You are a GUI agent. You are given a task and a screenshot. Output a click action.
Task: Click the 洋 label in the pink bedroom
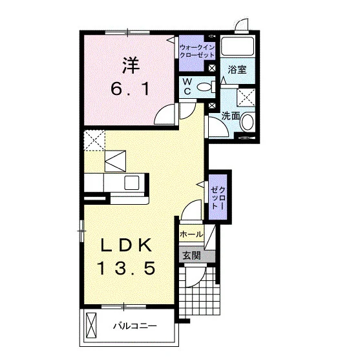click(x=131, y=65)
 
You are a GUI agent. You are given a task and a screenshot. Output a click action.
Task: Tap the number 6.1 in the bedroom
click(x=130, y=89)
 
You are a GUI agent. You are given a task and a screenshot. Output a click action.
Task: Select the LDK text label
click(x=126, y=245)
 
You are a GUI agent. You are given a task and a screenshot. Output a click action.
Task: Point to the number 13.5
click(x=127, y=268)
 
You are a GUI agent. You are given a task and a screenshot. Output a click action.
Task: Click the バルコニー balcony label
click(x=135, y=326)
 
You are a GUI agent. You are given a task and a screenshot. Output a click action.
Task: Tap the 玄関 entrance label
click(x=191, y=256)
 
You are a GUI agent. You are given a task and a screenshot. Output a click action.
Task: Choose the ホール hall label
click(x=191, y=234)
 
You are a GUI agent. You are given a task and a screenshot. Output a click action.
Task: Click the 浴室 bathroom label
click(x=237, y=70)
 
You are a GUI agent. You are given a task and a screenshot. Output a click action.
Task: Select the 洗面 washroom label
click(x=231, y=116)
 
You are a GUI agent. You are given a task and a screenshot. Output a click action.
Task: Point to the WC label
click(x=187, y=87)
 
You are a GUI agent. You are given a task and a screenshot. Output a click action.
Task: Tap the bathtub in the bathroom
click(x=237, y=46)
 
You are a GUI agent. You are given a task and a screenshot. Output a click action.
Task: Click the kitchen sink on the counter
click(x=132, y=183)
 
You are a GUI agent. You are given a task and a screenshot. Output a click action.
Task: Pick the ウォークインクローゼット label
click(x=197, y=51)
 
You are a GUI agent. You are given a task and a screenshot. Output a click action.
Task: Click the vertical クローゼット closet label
click(x=218, y=198)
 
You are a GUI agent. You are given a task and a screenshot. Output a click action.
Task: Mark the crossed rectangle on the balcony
click(x=91, y=326)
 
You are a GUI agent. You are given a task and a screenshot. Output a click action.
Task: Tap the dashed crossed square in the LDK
click(x=94, y=140)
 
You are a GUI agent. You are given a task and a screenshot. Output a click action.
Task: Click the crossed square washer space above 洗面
click(x=246, y=98)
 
